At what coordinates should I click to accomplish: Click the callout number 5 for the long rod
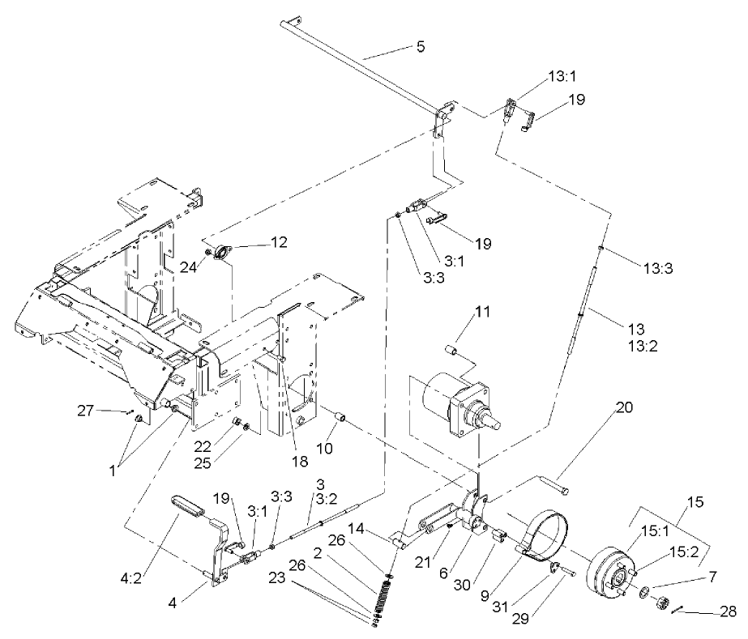pyautogui.click(x=420, y=46)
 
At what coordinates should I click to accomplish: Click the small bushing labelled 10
pyautogui.click(x=341, y=418)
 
